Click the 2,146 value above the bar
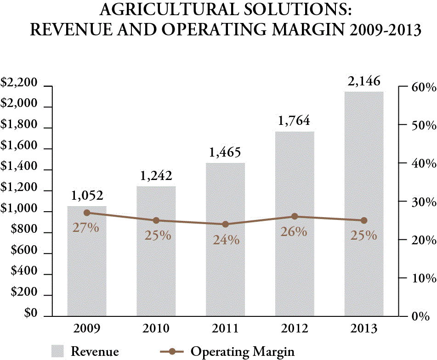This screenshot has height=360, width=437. click(364, 81)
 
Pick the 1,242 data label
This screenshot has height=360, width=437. click(156, 175)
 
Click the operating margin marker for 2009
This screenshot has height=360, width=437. click(87, 213)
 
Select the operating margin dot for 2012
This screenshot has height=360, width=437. click(295, 217)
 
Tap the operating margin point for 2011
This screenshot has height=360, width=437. click(225, 224)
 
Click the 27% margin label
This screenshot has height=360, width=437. click(86, 227)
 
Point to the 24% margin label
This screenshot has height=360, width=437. click(226, 239)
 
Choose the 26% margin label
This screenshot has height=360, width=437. click(294, 231)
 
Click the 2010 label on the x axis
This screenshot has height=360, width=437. click(156, 329)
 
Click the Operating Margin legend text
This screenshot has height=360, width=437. click(243, 352)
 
